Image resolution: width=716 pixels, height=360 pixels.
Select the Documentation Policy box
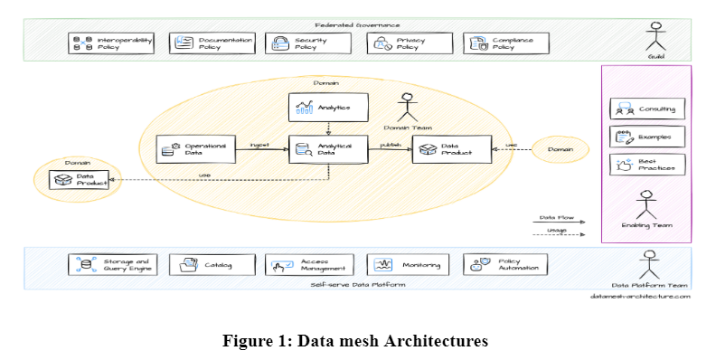tap(212, 43)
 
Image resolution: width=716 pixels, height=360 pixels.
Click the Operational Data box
tap(195, 149)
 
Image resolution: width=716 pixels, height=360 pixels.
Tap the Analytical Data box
tap(326, 149)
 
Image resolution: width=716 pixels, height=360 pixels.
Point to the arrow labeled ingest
tap(261, 150)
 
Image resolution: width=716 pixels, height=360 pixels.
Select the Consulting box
tap(648, 109)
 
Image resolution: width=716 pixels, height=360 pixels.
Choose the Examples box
tap(648, 137)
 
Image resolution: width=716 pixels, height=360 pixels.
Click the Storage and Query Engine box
tap(113, 265)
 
